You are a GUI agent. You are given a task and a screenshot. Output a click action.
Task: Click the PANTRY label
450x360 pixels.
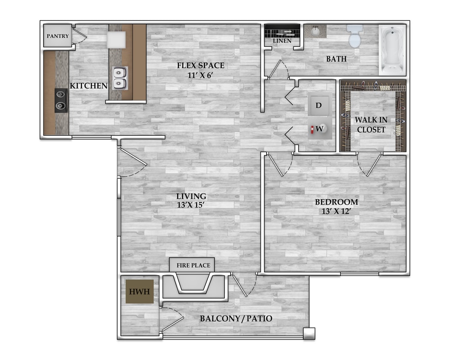click(x=58, y=36)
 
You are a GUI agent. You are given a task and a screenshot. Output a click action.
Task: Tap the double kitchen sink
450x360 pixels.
click(x=120, y=78)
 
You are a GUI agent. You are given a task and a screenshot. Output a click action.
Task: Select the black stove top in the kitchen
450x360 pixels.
click(x=61, y=100)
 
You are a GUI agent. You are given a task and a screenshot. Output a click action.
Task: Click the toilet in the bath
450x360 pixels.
click(x=355, y=36)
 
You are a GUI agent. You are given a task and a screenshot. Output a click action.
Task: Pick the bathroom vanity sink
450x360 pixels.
click(x=315, y=31)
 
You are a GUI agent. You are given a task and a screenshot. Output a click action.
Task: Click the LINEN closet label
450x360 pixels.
click(x=282, y=41)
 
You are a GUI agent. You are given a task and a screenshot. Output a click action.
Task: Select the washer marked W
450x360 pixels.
click(x=320, y=128)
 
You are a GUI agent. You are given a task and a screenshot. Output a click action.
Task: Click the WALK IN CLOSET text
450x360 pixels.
click(x=371, y=125)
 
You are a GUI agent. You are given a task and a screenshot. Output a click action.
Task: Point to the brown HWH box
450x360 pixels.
click(x=139, y=292)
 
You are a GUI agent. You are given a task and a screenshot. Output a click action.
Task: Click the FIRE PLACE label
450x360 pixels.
click(x=193, y=266)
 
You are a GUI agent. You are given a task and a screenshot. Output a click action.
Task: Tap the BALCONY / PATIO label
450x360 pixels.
click(x=236, y=318)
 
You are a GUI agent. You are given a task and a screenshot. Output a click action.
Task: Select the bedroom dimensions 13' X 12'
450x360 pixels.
click(x=337, y=212)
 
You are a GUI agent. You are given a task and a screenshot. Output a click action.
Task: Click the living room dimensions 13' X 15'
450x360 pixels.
click(x=191, y=205)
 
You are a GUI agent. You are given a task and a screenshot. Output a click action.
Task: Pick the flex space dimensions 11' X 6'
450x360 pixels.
click(x=200, y=75)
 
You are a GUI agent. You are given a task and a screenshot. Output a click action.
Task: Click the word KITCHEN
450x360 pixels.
click(x=88, y=86)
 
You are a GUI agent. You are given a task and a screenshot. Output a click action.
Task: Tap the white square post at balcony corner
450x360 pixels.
click(x=309, y=334)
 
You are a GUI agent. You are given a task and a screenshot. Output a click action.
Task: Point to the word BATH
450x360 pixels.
click(x=337, y=59)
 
